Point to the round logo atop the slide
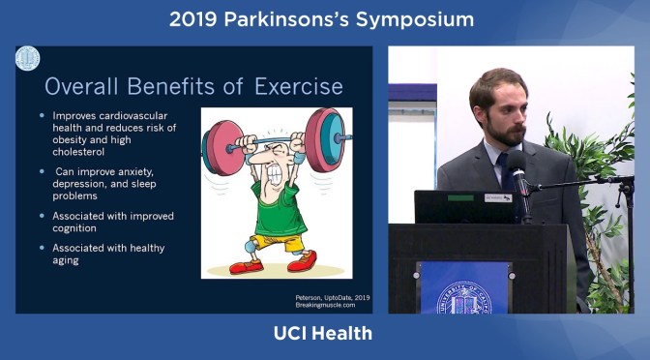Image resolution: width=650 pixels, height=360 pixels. point(28,59)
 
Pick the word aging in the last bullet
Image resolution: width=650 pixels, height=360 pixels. point(66,260)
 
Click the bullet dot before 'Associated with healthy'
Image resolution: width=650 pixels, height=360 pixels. point(42,248)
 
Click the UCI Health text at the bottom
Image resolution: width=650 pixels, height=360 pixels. point(325,335)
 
